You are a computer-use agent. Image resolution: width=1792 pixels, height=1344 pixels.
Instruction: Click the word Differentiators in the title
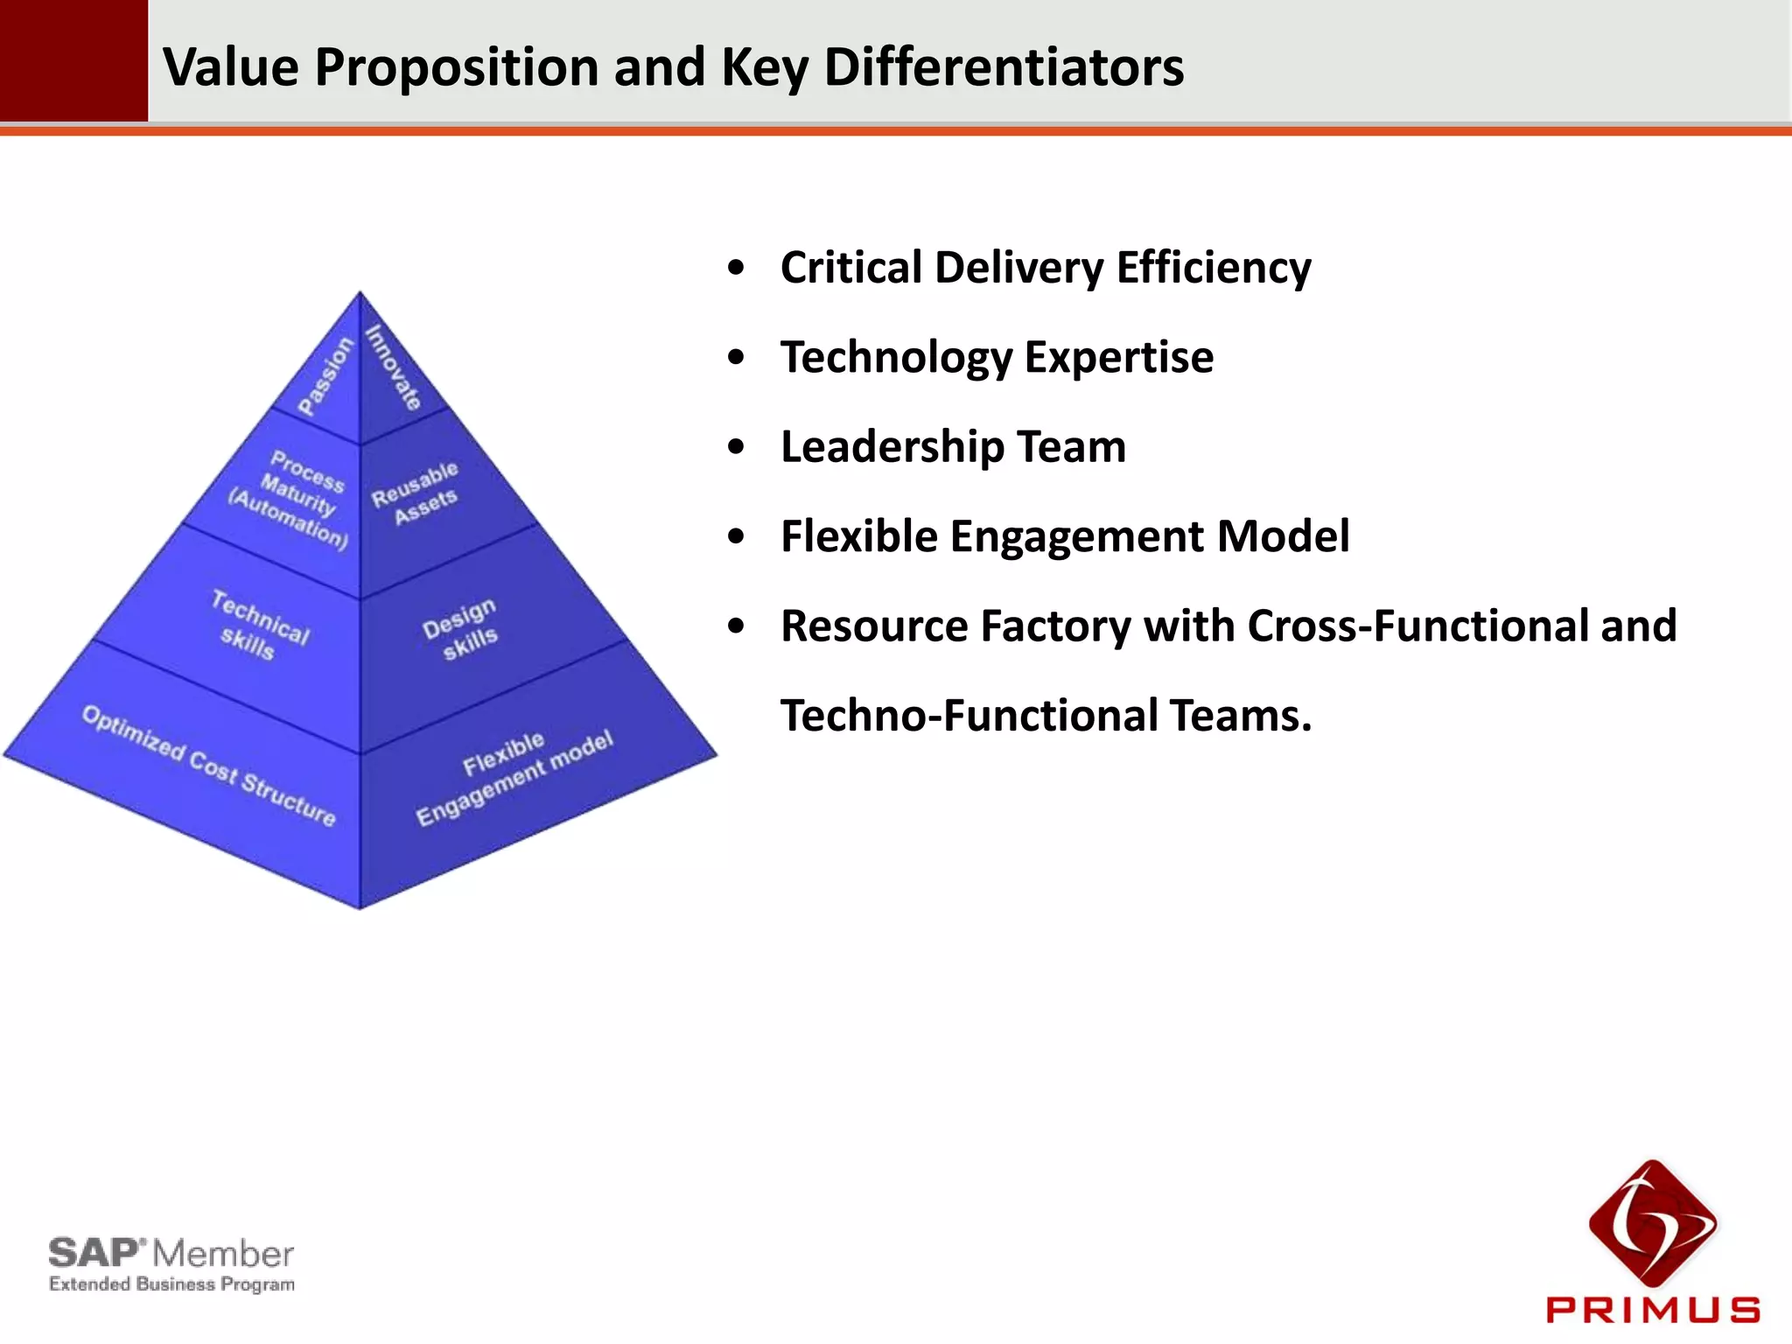coord(1004,66)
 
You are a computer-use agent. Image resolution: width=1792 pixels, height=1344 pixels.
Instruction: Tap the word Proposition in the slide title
coord(455,66)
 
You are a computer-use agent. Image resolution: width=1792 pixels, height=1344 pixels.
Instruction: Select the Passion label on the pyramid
coord(325,375)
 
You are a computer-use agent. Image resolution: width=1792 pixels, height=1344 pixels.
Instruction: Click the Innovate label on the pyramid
coord(394,367)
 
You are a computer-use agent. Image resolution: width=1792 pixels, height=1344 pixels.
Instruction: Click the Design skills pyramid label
coord(461,629)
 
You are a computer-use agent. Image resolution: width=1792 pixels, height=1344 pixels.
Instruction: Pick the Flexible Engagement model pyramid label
coord(514,778)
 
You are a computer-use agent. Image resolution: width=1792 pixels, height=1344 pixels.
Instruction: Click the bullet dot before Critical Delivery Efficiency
coord(737,267)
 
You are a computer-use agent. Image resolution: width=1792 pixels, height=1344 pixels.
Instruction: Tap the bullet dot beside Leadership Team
coord(737,446)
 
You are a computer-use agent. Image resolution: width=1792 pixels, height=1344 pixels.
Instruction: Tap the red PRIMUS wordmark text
coord(1653,1310)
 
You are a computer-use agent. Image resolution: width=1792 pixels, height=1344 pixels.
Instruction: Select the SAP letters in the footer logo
coord(94,1253)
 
